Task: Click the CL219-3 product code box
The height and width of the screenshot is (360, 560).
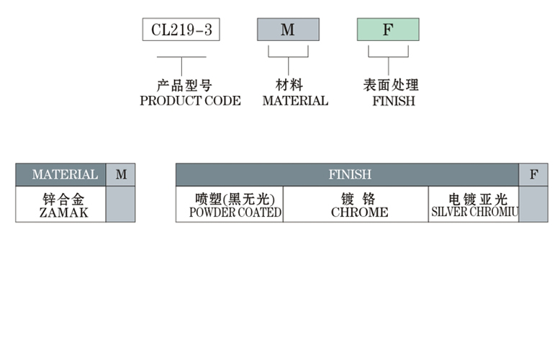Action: pyautogui.click(x=180, y=30)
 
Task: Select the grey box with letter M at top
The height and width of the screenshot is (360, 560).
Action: pyautogui.click(x=288, y=30)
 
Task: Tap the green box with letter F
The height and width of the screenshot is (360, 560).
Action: pyautogui.click(x=388, y=30)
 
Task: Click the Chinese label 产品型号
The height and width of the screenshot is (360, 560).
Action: pyautogui.click(x=184, y=86)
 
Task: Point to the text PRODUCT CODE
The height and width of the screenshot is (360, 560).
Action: pyautogui.click(x=190, y=101)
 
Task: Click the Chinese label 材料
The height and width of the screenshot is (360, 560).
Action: pyautogui.click(x=289, y=86)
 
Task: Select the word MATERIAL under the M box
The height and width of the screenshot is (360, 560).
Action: pyautogui.click(x=295, y=101)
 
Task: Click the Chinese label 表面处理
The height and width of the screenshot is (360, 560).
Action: pyautogui.click(x=391, y=86)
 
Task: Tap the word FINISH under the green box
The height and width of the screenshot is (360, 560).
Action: pyautogui.click(x=394, y=101)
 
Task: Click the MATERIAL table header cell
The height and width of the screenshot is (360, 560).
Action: pyautogui.click(x=64, y=175)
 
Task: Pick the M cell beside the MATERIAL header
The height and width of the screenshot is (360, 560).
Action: pyautogui.click(x=121, y=175)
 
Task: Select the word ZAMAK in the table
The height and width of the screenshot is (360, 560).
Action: pyautogui.click(x=64, y=213)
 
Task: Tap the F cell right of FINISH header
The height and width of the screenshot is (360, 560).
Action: pyautogui.click(x=533, y=175)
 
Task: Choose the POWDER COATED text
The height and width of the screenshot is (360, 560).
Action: pyautogui.click(x=235, y=213)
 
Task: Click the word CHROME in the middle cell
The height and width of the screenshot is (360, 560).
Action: pyautogui.click(x=359, y=213)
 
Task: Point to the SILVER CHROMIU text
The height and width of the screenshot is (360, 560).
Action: pyautogui.click(x=475, y=213)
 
